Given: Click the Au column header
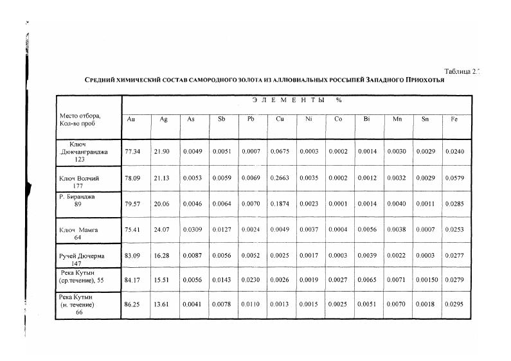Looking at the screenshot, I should point(131,119).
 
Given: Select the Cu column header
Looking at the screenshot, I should point(280,119).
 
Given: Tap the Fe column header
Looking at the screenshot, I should point(454,119).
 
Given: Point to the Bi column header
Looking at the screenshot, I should point(366,119).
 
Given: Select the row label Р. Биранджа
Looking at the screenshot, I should point(77,197).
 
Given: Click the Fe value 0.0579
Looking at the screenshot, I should point(454,178).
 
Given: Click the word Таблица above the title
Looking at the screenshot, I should point(458,71).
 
